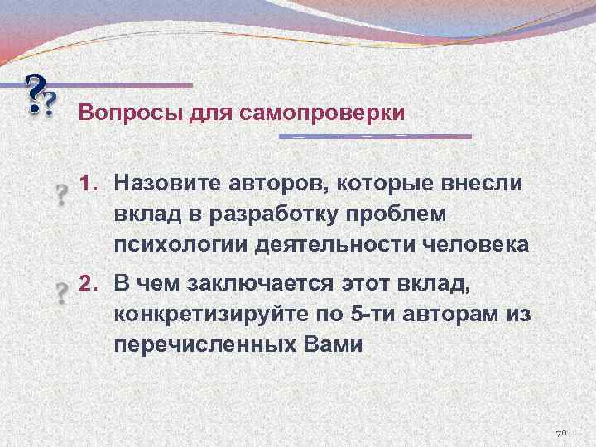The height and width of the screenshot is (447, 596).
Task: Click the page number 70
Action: pos(560,433)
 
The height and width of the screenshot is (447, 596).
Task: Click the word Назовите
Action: pos(166,182)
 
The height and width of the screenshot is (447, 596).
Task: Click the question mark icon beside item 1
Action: pos(60,196)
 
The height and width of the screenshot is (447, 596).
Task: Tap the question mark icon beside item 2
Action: pos(60,294)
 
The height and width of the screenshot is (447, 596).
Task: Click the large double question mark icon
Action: pos(40,98)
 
